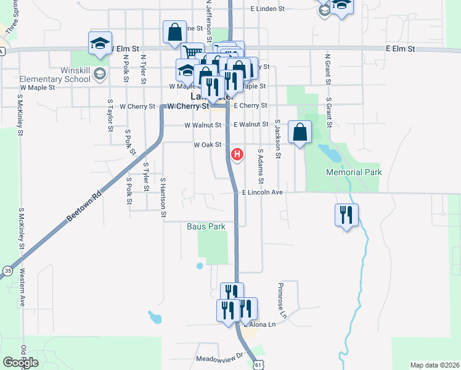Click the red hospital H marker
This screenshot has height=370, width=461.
[237, 155]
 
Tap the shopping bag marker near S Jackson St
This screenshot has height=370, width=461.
[300, 132]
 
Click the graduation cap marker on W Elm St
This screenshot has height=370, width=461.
[100, 43]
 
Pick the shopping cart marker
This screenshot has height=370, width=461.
[192, 54]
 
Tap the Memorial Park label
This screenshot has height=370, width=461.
[354, 173]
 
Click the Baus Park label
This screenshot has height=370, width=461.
[206, 226]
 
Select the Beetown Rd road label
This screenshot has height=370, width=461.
[83, 208]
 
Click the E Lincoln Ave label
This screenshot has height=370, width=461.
[262, 192]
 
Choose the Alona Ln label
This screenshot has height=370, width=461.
[263, 323]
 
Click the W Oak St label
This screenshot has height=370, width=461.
[207, 145]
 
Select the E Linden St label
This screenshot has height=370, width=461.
[267, 9]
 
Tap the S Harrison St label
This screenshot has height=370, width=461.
[163, 197]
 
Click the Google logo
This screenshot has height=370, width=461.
[21, 362]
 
